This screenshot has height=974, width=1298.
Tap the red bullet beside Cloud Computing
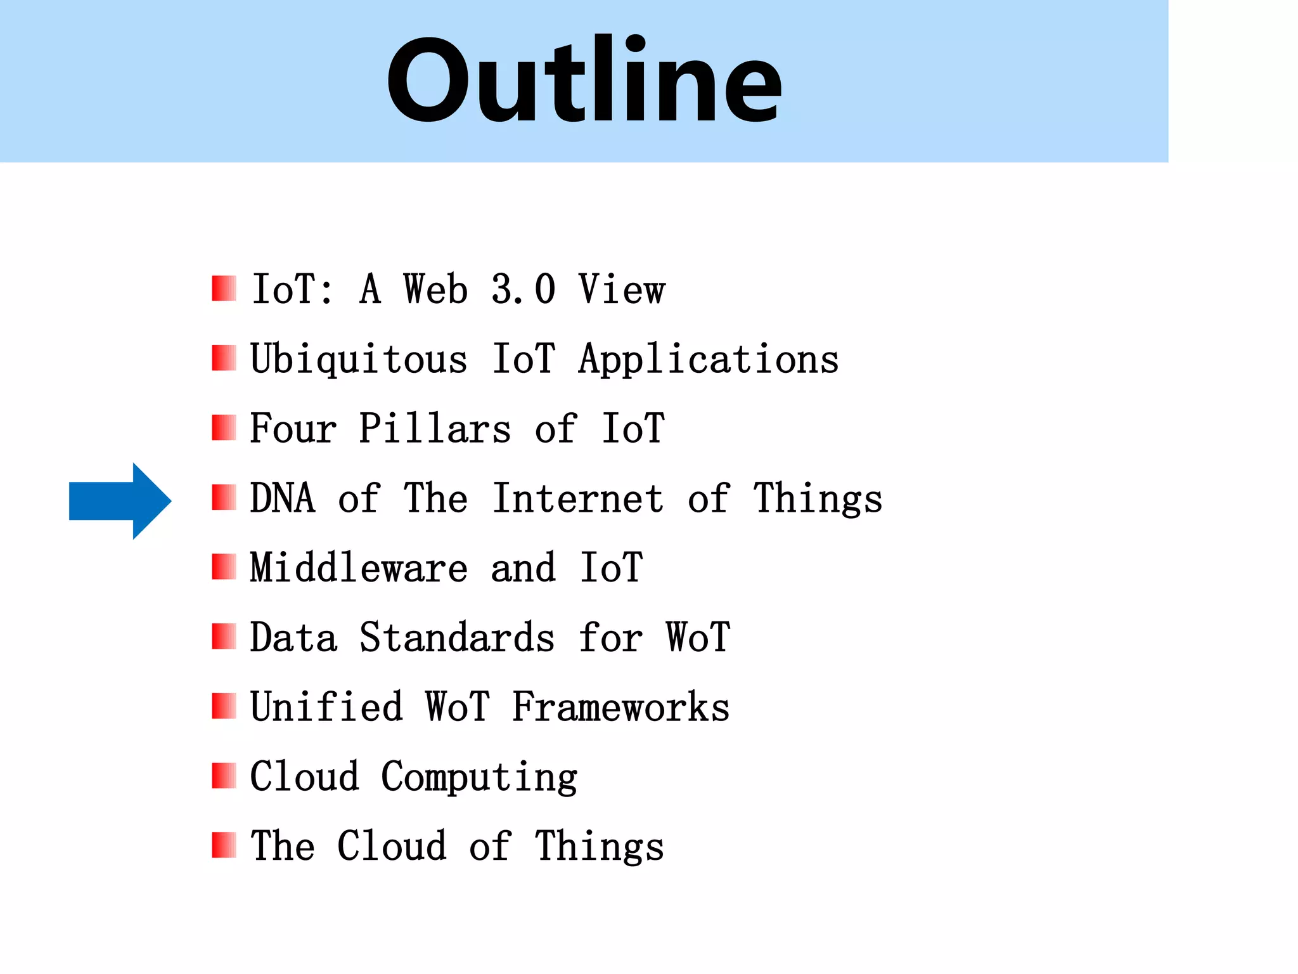pos(224,776)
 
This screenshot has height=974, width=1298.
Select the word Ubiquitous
pos(359,360)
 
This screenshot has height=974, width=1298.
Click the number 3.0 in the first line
pos(524,290)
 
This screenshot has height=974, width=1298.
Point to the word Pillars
pos(435,429)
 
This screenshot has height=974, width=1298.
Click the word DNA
pos(283,498)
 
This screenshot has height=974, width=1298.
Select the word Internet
pos(579,498)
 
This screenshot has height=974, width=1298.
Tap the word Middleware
pos(359,568)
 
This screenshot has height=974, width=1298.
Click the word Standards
pos(457,637)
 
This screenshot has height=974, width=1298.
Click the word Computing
pos(479,777)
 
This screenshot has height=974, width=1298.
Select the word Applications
pos(709,360)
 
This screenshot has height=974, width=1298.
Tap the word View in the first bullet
pos(622,290)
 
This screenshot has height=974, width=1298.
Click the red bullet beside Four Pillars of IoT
pos(224,428)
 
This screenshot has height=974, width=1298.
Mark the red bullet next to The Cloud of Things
pos(224,845)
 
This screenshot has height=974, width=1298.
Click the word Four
pos(293,429)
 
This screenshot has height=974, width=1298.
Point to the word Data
pos(293,637)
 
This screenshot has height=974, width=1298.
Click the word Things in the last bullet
pos(600,847)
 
